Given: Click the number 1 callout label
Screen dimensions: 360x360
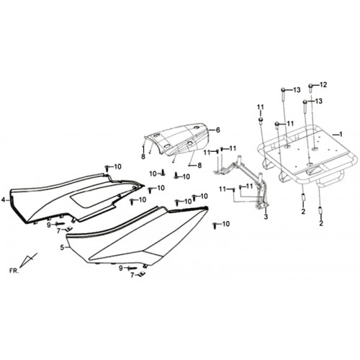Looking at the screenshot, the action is [x=341, y=135].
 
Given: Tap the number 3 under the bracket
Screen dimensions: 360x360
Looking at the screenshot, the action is [x=266, y=217].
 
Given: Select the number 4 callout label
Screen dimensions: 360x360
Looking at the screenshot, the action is [x=3, y=199].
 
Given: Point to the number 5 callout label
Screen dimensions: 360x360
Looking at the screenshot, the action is [x=62, y=248].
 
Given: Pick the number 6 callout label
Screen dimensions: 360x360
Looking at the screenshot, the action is [x=217, y=130].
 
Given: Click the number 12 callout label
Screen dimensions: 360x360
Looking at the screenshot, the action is [x=323, y=85].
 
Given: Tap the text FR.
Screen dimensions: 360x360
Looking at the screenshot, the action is [x=14, y=271].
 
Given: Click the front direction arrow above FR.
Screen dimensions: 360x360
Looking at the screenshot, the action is [x=28, y=260].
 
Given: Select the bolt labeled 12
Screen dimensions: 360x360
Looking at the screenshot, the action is [x=310, y=88].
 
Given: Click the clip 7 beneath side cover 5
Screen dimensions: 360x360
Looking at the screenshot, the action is [x=142, y=274].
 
